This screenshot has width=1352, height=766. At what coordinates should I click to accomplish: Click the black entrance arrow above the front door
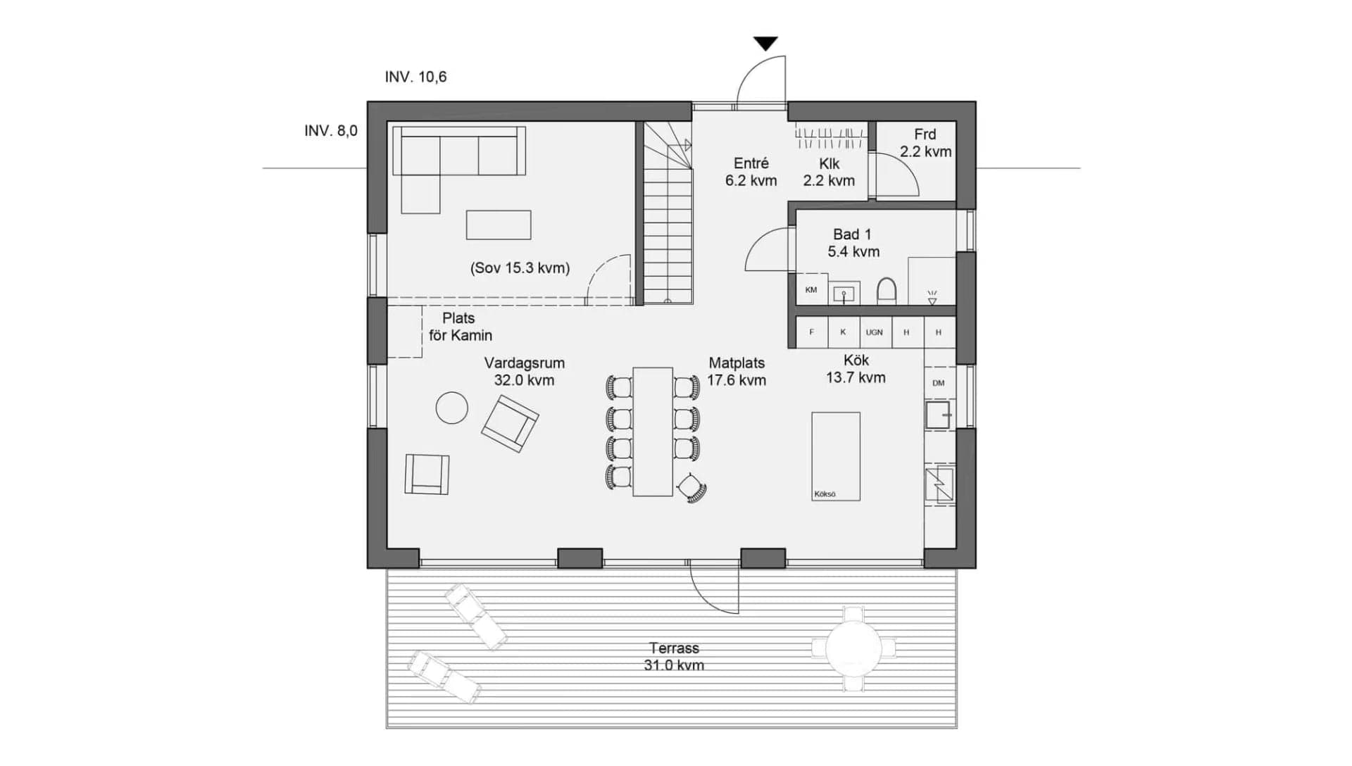tap(765, 44)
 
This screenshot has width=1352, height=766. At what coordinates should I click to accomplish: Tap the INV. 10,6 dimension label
tap(415, 77)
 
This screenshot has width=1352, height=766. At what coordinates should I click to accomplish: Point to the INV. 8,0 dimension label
tap(330, 131)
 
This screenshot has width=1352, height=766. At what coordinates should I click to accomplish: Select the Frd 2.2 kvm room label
tap(925, 143)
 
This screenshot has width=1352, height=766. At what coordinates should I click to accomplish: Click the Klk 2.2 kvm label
tap(829, 172)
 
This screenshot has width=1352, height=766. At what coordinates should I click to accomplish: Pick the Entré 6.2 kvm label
tap(751, 172)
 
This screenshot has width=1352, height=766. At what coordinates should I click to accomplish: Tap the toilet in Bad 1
tap(887, 291)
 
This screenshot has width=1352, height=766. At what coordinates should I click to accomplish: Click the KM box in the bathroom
tap(811, 290)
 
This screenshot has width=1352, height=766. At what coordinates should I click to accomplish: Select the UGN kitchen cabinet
tap(874, 332)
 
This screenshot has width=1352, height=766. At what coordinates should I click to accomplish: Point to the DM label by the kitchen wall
tap(938, 383)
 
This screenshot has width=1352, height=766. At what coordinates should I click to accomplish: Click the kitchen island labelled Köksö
tap(836, 456)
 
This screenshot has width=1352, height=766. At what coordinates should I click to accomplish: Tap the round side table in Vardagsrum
tap(451, 408)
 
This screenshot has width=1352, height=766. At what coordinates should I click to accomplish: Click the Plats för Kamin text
tap(461, 327)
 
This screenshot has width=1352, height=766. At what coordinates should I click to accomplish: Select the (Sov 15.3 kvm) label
tap(520, 268)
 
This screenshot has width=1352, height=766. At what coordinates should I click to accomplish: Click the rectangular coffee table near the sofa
tap(498, 225)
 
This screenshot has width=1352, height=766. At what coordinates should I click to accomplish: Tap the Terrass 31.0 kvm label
tap(674, 656)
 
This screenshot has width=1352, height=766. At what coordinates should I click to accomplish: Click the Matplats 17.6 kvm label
tap(737, 372)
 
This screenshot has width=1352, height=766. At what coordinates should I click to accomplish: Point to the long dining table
tap(653, 432)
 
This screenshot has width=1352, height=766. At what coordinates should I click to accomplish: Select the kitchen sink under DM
tap(938, 415)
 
